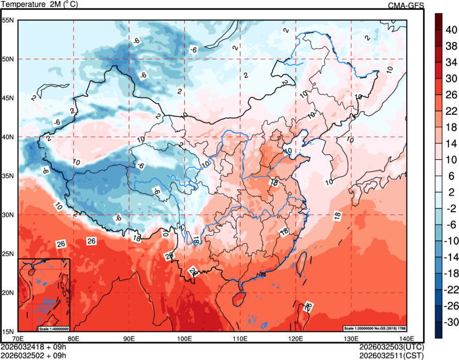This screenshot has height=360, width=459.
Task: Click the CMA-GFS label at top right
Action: [x=406, y=5]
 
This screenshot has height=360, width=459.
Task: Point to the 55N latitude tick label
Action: [x=7, y=20]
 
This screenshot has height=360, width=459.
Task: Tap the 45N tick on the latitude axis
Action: [x=7, y=98]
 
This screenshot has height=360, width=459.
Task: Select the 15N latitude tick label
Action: [x=7, y=331]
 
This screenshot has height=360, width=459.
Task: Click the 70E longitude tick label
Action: [x=18, y=339]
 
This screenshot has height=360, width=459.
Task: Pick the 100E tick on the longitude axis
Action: [x=184, y=339]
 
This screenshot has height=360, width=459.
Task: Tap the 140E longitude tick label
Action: [x=407, y=339]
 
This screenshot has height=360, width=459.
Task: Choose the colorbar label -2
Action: [x=450, y=209]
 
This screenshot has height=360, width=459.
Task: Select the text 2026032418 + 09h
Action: [x=34, y=347]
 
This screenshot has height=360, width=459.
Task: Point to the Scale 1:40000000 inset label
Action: [x=53, y=328]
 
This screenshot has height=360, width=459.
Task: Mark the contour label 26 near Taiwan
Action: [x=308, y=307]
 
